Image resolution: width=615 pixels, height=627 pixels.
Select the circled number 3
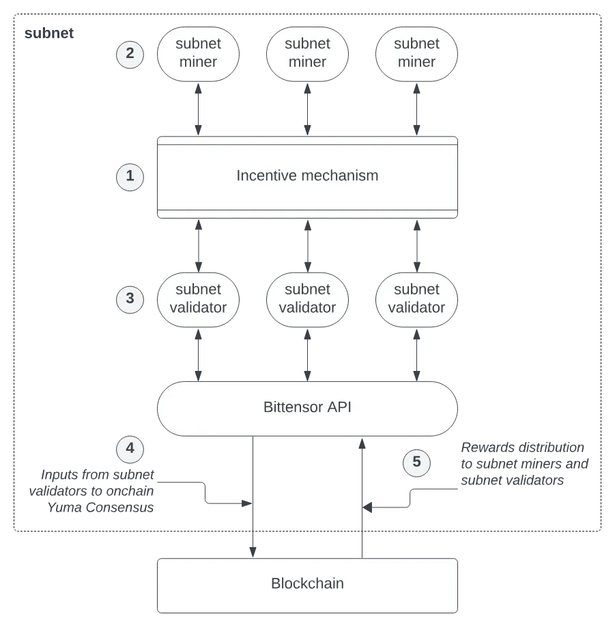(x=130, y=298)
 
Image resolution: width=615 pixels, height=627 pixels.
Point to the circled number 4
(x=130, y=449)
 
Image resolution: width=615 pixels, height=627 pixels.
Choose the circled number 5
(x=416, y=463)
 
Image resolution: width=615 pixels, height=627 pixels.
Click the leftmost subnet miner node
(x=198, y=53)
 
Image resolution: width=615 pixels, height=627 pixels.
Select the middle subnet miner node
(x=307, y=53)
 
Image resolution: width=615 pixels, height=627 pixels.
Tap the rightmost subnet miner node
(x=416, y=53)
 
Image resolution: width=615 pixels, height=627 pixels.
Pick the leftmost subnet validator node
(x=198, y=298)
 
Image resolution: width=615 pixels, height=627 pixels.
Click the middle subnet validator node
(x=307, y=298)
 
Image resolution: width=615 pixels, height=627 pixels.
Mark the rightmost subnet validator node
(x=416, y=298)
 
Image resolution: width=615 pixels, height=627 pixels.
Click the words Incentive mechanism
(x=307, y=176)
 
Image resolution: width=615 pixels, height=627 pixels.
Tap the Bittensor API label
(x=307, y=408)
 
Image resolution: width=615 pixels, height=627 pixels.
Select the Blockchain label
(x=307, y=584)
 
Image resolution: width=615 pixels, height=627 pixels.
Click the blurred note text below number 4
(x=94, y=491)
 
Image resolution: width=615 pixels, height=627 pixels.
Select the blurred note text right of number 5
(x=524, y=464)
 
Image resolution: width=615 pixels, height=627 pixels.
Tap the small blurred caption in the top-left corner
(x=48, y=32)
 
